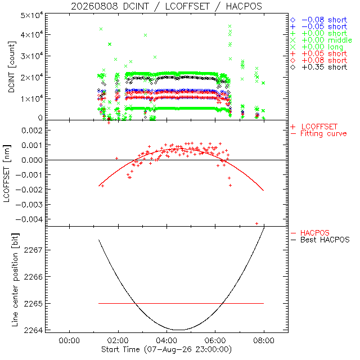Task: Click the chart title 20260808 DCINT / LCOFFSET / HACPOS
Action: point(166,6)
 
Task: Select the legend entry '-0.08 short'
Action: point(319,20)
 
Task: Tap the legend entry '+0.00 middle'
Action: point(321,40)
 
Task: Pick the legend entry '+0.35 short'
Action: point(319,67)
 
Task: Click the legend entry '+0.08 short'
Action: point(319,60)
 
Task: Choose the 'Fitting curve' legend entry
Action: point(319,133)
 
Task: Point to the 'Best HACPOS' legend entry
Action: point(320,240)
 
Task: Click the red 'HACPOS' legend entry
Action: point(310,233)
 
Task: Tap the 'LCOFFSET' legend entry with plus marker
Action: point(314,127)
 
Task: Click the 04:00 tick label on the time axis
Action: point(166,340)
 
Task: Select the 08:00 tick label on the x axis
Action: point(264,340)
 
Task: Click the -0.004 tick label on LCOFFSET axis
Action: point(29,219)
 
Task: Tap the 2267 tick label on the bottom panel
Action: point(33,250)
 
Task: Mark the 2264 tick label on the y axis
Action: point(33,330)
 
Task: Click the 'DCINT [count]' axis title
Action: point(11,67)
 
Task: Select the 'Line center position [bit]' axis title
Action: point(15,280)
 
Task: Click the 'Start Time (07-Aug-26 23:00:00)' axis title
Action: point(166,349)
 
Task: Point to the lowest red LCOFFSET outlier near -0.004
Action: point(256,223)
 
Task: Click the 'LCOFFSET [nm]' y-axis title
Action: point(7,174)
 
